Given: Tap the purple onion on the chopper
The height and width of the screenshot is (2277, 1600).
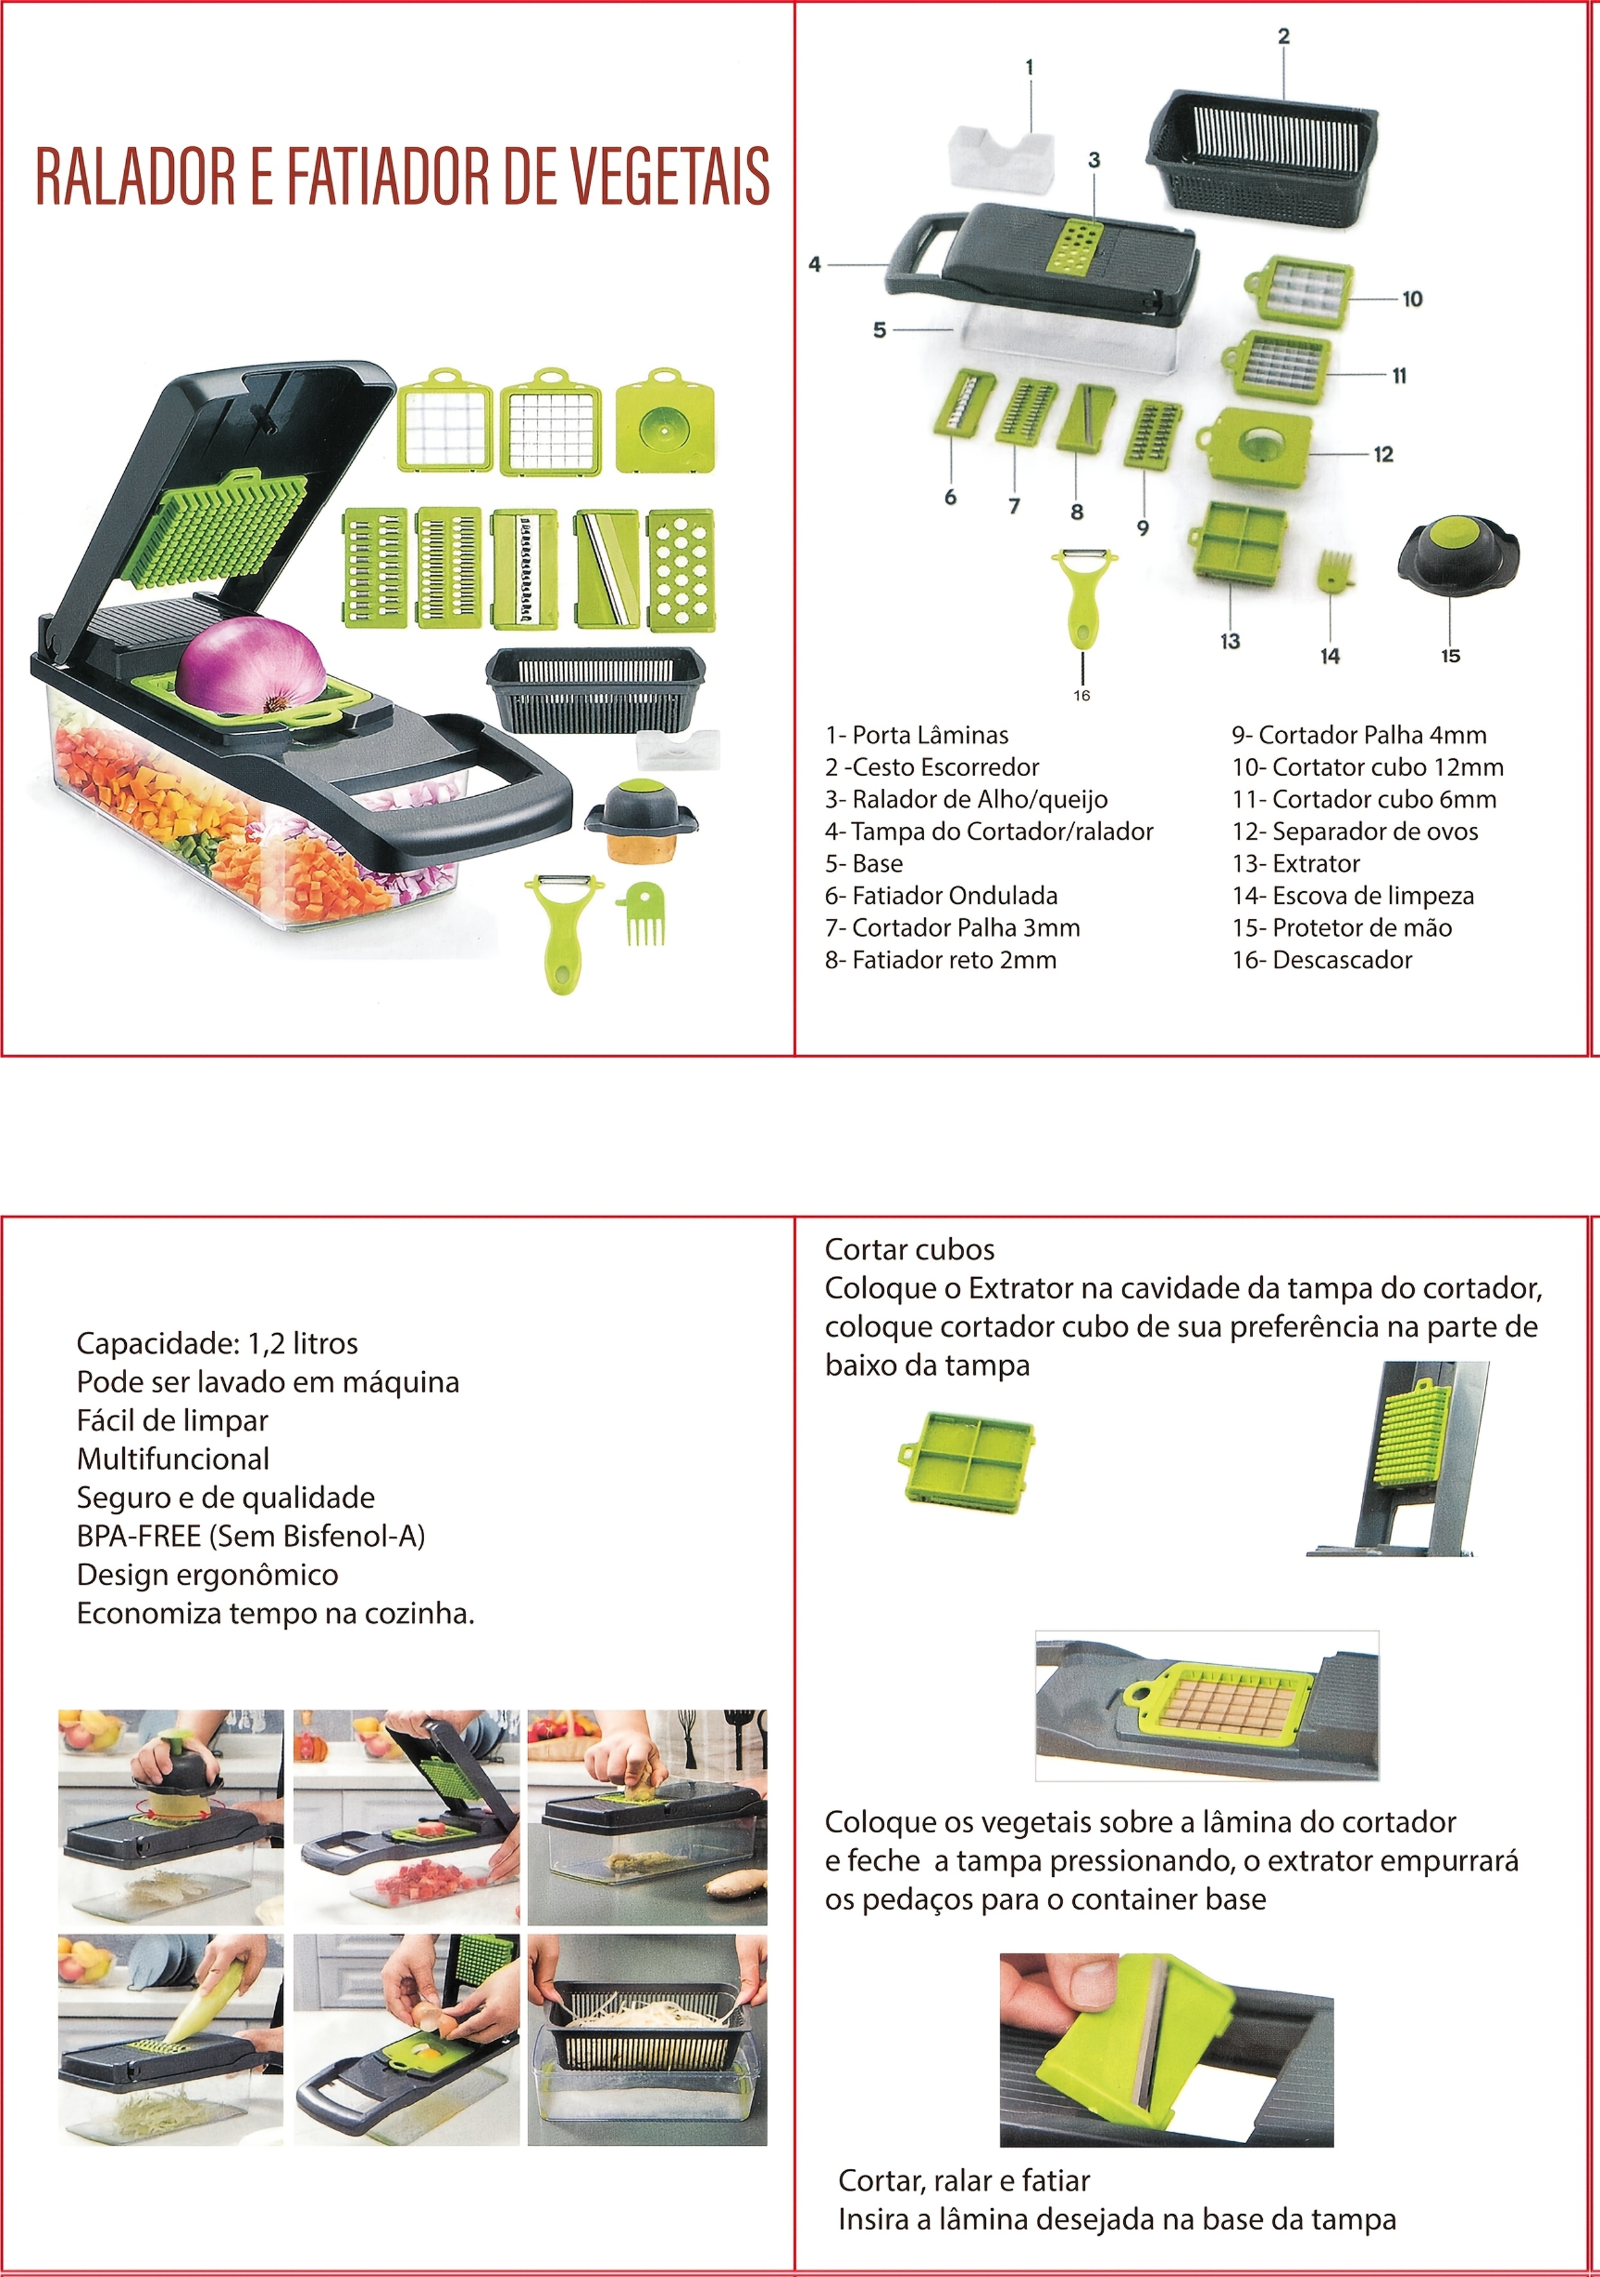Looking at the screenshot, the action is pos(252,665).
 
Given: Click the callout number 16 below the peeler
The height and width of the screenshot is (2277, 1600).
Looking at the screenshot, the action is pos(1081,696).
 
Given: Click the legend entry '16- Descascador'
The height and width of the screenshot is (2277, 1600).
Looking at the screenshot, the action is pos(1322,959).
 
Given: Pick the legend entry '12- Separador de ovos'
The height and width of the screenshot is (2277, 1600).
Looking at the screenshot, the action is pos(1355,831).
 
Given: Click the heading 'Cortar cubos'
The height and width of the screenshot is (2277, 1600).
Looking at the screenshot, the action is pos(909,1249).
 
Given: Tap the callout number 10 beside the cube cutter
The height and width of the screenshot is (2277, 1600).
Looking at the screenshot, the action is pos(1411,299).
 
